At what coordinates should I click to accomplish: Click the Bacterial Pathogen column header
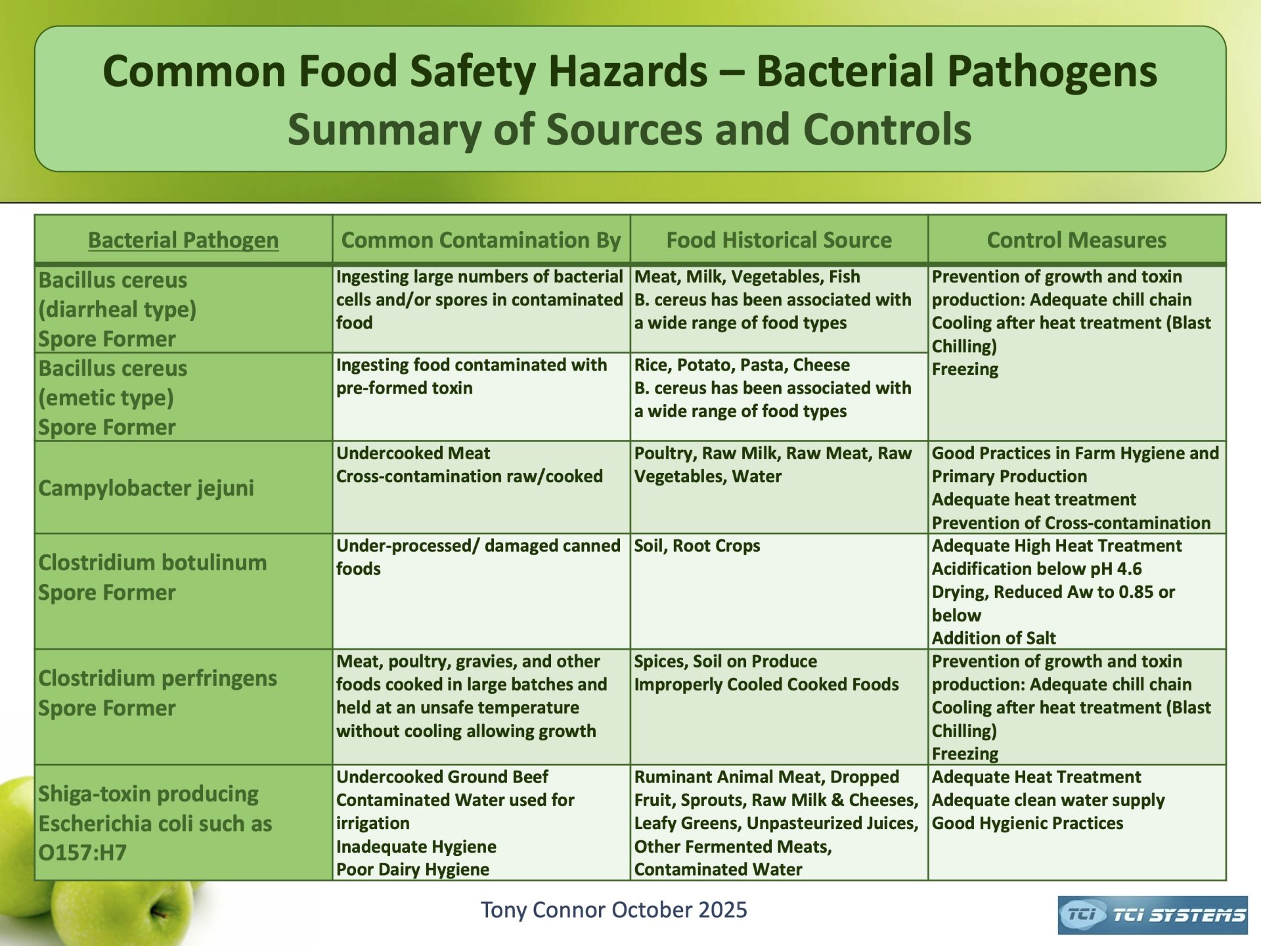click(183, 240)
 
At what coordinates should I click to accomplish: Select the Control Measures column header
click(1076, 240)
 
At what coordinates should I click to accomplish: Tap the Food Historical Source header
click(779, 240)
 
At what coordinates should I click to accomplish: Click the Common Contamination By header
click(481, 240)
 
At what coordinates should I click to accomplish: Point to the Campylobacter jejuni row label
click(146, 488)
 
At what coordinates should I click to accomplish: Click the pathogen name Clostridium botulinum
click(152, 562)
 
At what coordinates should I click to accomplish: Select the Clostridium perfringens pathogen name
click(158, 678)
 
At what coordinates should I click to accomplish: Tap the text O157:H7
click(82, 853)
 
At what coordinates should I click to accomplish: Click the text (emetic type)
click(106, 397)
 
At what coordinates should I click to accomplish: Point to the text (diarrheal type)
click(117, 309)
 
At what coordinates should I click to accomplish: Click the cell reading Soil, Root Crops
click(697, 546)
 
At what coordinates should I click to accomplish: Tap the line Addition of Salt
click(994, 638)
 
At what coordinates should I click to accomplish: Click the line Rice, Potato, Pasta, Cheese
click(741, 365)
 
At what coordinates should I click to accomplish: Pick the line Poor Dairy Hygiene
click(412, 869)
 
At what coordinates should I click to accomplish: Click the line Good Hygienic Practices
click(1027, 823)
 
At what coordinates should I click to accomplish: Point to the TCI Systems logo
click(1153, 915)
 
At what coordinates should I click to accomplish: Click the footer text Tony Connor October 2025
click(613, 910)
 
